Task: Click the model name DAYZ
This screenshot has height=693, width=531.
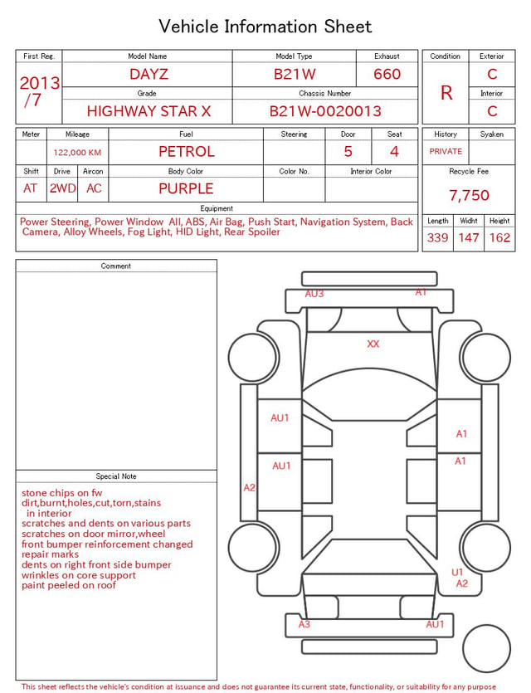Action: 149,74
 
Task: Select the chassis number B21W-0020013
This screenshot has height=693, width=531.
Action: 325,111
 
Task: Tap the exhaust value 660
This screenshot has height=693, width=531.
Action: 387,74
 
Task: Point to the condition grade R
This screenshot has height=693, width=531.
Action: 446,93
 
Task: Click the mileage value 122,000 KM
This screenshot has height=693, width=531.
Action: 77,153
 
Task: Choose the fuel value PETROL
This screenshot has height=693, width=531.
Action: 187,152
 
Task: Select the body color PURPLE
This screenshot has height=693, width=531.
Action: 186,188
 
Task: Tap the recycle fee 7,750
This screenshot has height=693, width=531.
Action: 469,195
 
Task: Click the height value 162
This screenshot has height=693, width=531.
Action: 499,237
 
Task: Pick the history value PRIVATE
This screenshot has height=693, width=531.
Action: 446,151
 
